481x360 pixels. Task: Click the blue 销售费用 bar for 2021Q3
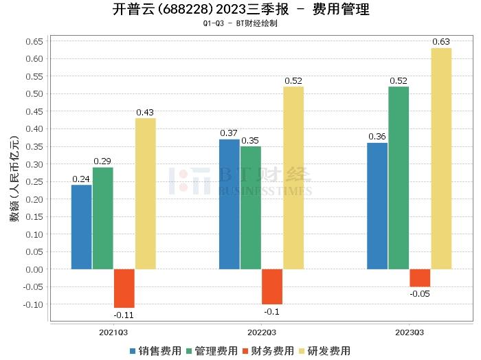(82, 227)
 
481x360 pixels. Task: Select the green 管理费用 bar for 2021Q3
(103, 218)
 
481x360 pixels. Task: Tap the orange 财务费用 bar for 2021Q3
(124, 288)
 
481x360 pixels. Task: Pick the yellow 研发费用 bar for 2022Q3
(293, 177)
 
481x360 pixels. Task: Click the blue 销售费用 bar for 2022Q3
(230, 204)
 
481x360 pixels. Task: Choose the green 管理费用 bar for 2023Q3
(399, 177)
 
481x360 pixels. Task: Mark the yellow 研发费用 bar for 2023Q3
(441, 158)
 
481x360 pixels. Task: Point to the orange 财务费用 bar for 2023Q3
(420, 278)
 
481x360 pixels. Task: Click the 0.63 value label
(441, 42)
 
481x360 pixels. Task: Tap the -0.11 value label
(124, 315)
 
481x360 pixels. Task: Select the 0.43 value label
(145, 112)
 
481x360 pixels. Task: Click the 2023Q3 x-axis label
(410, 331)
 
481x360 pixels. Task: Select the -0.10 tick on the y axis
(34, 304)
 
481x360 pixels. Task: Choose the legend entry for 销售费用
(155, 351)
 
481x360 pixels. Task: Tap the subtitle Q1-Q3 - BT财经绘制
(240, 23)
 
